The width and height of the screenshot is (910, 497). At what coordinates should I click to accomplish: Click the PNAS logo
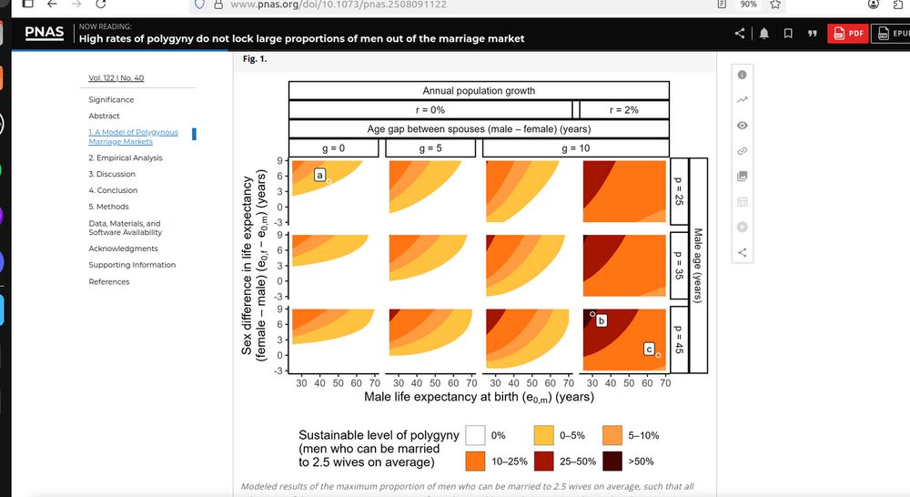click(45, 33)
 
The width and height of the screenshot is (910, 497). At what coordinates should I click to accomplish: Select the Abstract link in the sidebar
click(104, 116)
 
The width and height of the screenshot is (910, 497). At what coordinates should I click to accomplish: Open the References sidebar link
click(108, 281)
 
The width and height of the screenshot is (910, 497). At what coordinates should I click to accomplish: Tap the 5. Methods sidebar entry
click(108, 207)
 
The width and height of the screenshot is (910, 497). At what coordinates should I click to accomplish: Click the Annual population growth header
click(479, 91)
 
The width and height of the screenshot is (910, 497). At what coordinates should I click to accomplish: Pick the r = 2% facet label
click(624, 110)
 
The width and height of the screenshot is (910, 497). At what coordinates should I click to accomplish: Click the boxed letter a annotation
click(320, 174)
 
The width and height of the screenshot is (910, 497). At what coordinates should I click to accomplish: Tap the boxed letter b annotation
click(601, 320)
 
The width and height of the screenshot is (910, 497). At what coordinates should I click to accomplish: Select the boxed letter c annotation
click(649, 349)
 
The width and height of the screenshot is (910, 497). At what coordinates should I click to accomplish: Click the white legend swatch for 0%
click(475, 435)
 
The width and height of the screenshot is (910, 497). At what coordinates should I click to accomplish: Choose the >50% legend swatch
click(612, 461)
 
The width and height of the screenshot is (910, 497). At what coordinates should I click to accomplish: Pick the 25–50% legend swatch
click(544, 461)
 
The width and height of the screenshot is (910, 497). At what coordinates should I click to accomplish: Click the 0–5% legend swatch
click(544, 435)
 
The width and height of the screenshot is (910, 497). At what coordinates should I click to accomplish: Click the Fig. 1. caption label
click(255, 59)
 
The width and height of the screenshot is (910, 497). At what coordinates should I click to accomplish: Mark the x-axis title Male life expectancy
click(479, 397)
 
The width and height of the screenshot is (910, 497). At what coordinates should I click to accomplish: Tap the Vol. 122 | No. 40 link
click(116, 78)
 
